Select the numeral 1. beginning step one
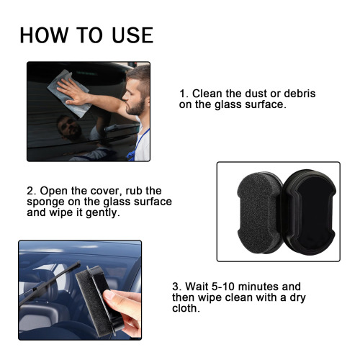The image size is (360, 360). (184, 94)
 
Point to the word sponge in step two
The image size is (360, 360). (47, 202)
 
